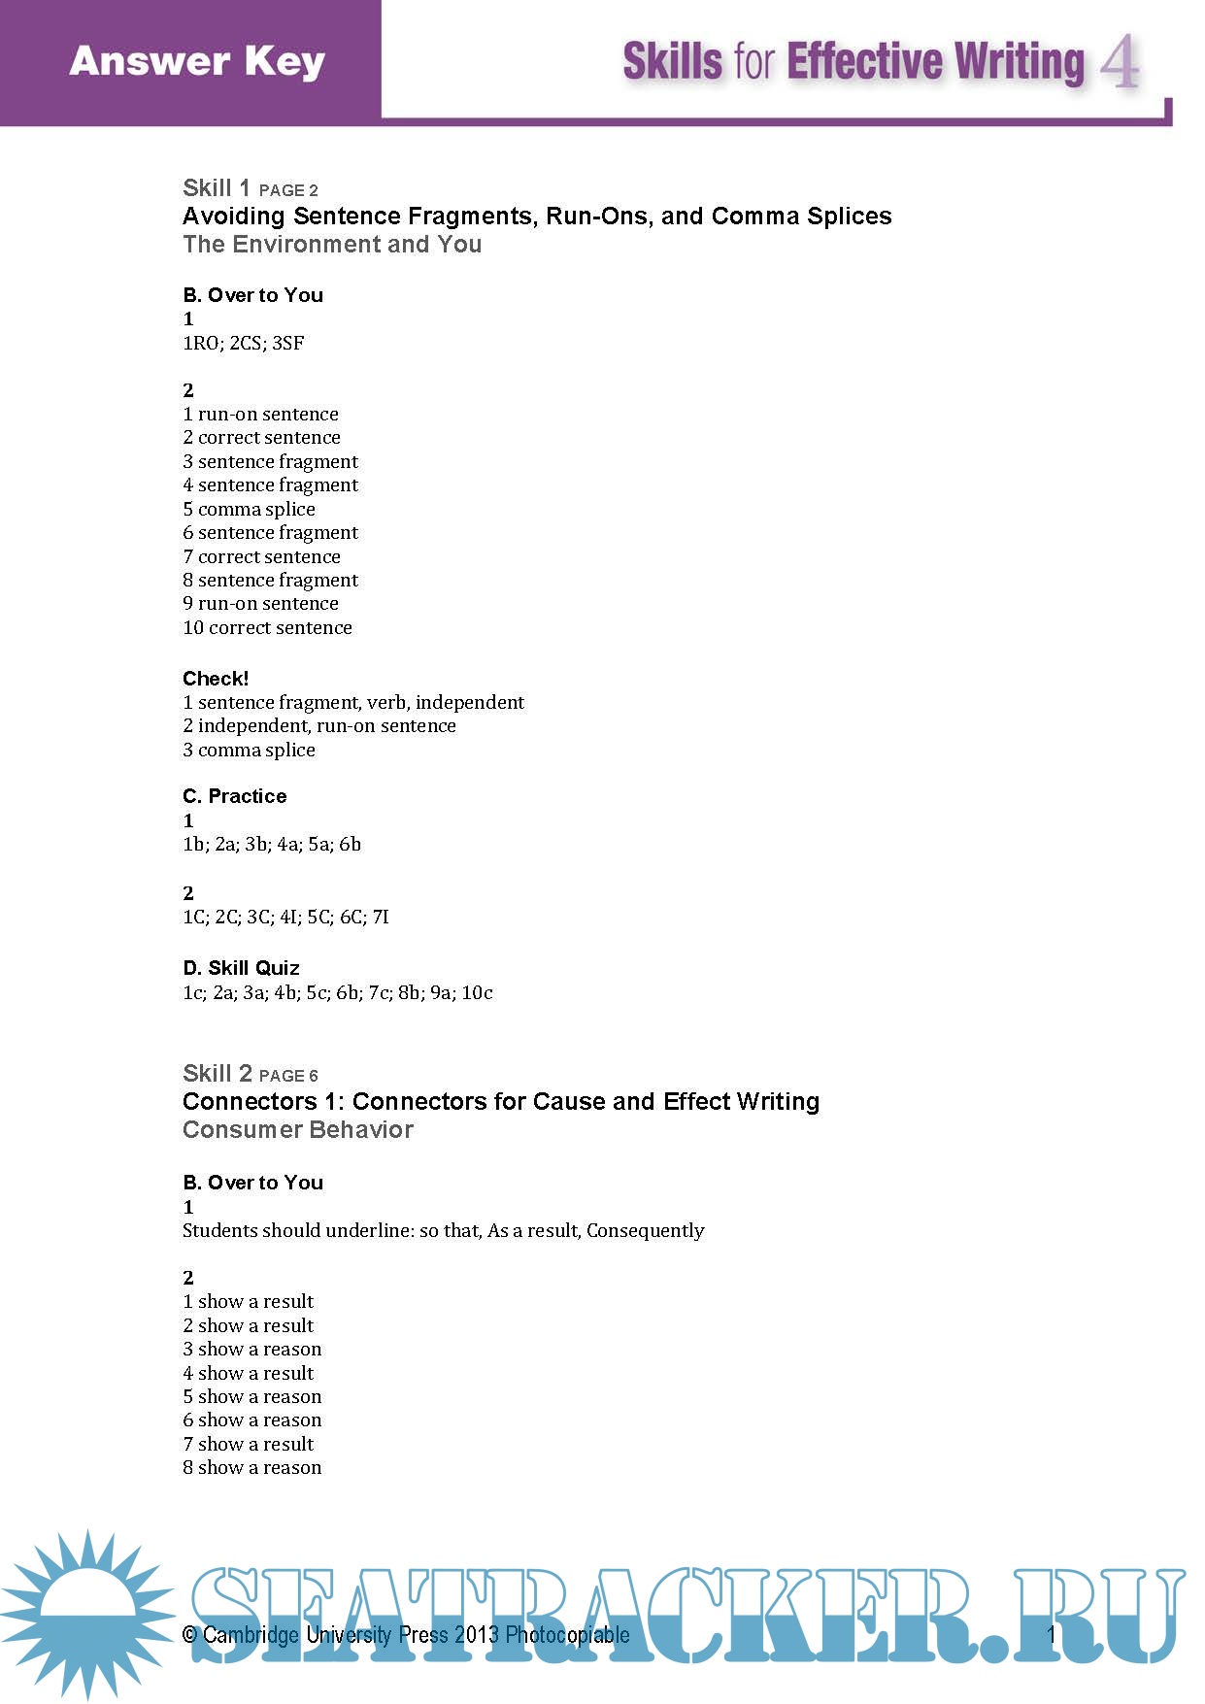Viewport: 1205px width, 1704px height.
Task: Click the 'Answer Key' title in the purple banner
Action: pyautogui.click(x=197, y=61)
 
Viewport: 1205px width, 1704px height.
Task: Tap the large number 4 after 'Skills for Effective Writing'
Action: pyautogui.click(x=1120, y=62)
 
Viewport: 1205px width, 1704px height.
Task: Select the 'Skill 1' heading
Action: pyautogui.click(x=217, y=187)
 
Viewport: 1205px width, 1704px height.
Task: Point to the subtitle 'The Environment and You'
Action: pyautogui.click(x=332, y=244)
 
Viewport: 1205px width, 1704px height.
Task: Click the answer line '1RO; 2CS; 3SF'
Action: pyautogui.click(x=244, y=343)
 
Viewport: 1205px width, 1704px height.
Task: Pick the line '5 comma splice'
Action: pyautogui.click(x=250, y=509)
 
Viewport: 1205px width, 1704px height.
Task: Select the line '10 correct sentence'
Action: pyautogui.click(x=268, y=627)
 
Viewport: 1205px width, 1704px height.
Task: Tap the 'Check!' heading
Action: pyautogui.click(x=216, y=678)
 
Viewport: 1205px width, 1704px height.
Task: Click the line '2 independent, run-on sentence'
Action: pyautogui.click(x=319, y=725)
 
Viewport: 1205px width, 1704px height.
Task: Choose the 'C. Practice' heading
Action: pyautogui.click(x=235, y=796)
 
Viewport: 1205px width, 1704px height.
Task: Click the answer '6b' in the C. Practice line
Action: pyautogui.click(x=350, y=844)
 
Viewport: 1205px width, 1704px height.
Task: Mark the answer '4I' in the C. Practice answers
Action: pyautogui.click(x=288, y=917)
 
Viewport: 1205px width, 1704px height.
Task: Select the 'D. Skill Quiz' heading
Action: pyautogui.click(x=241, y=968)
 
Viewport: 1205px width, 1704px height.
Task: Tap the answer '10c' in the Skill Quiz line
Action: pyautogui.click(x=477, y=992)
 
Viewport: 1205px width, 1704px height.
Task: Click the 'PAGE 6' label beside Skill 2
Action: pyautogui.click(x=288, y=1076)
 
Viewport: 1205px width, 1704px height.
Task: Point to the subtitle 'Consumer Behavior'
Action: pyautogui.click(x=298, y=1129)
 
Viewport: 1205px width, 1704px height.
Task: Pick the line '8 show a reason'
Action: pyautogui.click(x=252, y=1467)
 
